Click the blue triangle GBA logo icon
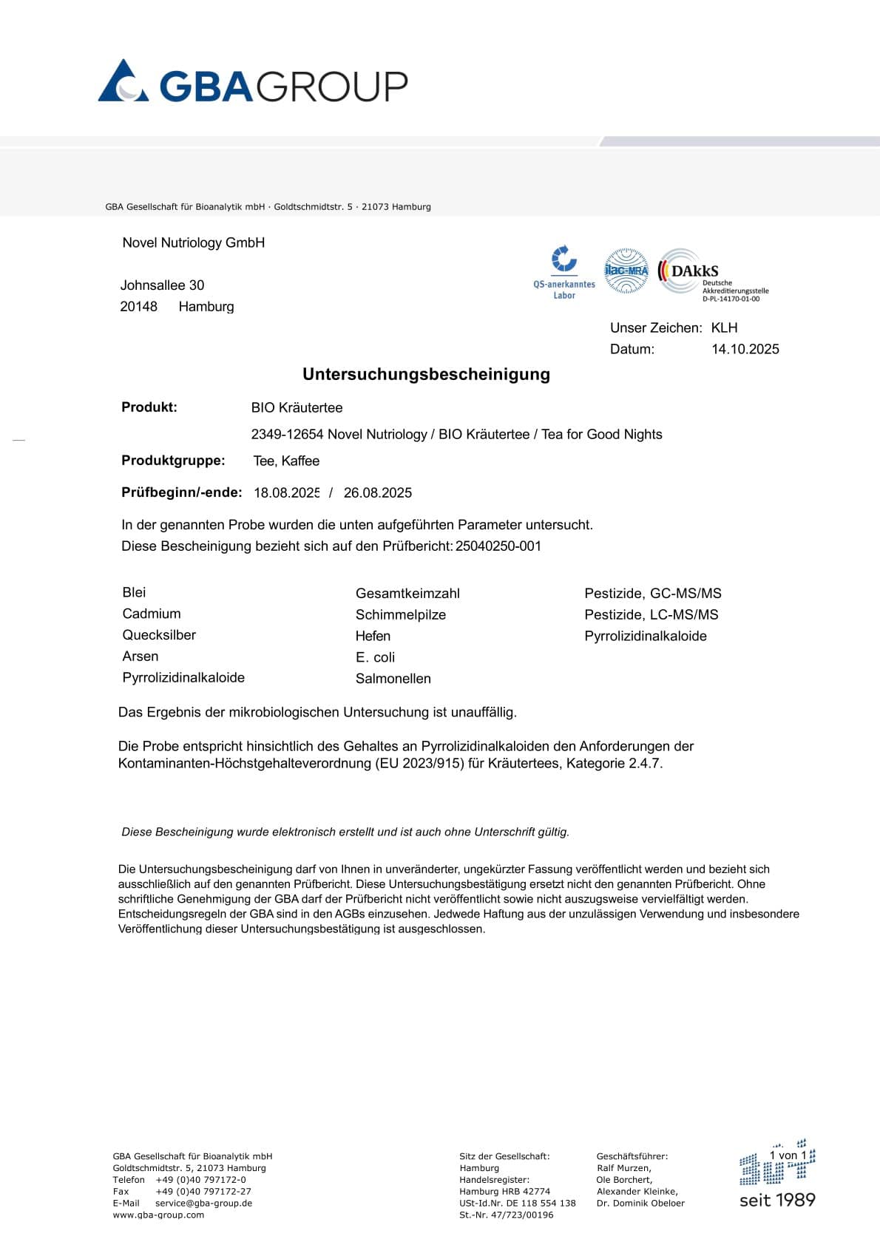123,81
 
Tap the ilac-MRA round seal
626,271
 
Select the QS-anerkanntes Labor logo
564,272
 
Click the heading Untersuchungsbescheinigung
426,374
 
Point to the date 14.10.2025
745,349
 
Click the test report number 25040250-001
498,546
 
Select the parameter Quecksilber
159,635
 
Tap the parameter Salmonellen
393,679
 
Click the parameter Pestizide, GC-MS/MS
652,594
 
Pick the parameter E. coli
375,657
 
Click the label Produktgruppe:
173,461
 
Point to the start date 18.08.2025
286,493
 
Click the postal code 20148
138,307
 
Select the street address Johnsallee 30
162,285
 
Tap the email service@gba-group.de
203,1203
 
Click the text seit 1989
777,1200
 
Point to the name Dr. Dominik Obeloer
640,1203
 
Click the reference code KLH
724,328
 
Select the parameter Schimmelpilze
400,615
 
